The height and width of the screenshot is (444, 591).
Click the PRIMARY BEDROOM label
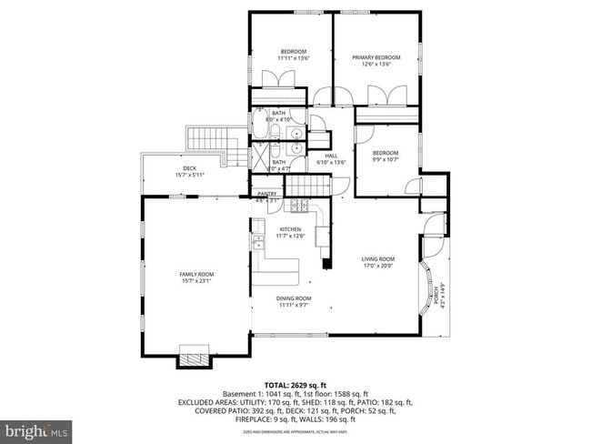tap(376, 57)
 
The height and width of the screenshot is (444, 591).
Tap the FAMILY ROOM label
tap(195, 274)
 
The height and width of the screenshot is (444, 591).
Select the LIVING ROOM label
tap(378, 258)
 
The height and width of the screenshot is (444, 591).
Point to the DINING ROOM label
tap(295, 298)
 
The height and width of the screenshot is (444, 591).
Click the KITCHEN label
tap(290, 229)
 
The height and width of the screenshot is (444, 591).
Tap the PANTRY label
tap(266, 194)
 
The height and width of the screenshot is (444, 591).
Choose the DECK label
tap(189, 168)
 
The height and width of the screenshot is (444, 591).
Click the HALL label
tap(332, 156)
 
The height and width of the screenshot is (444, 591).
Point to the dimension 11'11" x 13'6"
tap(294, 57)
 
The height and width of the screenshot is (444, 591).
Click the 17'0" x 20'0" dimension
tap(378, 266)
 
